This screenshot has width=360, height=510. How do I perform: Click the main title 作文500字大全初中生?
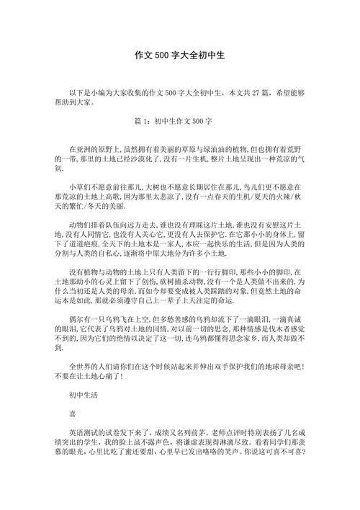coord(180,55)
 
